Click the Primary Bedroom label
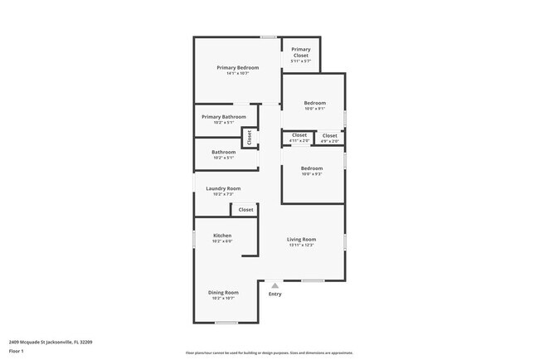click(x=238, y=68)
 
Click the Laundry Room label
click(x=223, y=189)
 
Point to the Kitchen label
click(x=222, y=236)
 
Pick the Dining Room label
click(x=223, y=293)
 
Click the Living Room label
click(x=302, y=240)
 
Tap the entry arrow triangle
click(x=275, y=285)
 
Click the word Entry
click(x=275, y=294)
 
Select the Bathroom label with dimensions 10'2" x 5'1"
click(x=223, y=153)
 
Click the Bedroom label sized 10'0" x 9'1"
click(x=314, y=104)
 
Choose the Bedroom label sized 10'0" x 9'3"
click(x=312, y=169)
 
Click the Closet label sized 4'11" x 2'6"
click(x=299, y=135)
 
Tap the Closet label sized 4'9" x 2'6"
click(x=330, y=135)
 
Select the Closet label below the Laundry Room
click(x=246, y=210)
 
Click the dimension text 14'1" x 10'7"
click(x=238, y=74)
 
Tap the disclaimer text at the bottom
click(x=269, y=353)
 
